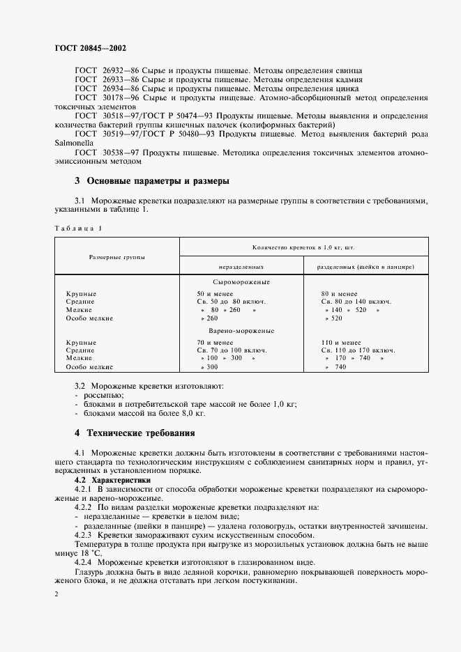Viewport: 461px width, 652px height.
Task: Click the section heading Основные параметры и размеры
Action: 152,181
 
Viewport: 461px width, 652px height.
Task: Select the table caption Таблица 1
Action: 77,228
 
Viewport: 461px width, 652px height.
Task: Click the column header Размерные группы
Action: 116,257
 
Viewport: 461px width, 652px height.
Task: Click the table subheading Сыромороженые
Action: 241,282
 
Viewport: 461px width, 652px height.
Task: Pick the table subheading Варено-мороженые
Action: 241,331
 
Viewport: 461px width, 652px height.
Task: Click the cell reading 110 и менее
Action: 341,343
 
